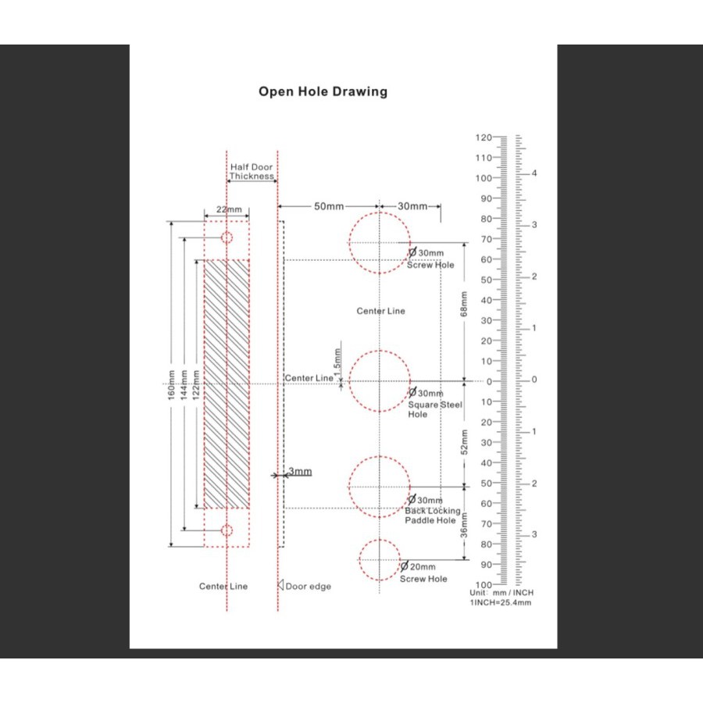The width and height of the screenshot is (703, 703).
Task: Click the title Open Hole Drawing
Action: click(x=323, y=91)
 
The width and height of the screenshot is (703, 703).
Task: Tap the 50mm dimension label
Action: click(x=329, y=206)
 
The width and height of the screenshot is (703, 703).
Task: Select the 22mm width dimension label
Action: click(x=229, y=209)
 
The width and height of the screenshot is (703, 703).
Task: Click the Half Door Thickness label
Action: click(x=252, y=172)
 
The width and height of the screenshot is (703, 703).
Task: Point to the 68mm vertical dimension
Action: click(x=464, y=304)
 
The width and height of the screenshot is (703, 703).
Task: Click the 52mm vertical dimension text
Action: click(x=464, y=442)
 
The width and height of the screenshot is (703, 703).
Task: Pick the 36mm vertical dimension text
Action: click(x=464, y=525)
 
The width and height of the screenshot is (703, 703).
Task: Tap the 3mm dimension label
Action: click(x=300, y=471)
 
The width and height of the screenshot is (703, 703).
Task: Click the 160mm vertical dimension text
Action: click(x=171, y=385)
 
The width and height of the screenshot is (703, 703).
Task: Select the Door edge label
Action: click(x=308, y=587)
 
